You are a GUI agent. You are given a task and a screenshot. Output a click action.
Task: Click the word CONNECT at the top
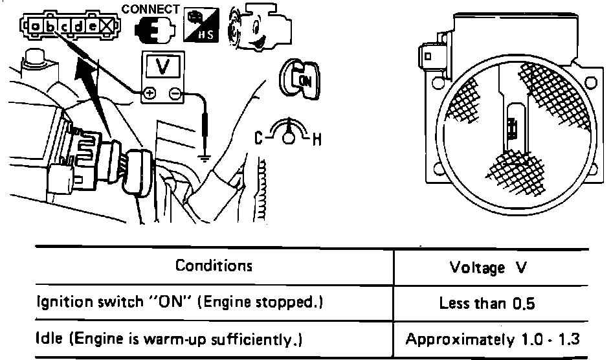150,9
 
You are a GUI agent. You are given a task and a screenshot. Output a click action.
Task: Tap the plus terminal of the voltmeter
149,93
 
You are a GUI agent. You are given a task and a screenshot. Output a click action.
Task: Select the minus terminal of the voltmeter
174,93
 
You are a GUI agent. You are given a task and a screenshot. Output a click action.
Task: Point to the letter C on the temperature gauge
258,138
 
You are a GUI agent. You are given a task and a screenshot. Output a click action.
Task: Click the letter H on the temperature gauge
317,139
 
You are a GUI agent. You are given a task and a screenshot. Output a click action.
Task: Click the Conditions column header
214,266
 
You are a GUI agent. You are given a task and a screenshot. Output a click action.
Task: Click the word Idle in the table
47,338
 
